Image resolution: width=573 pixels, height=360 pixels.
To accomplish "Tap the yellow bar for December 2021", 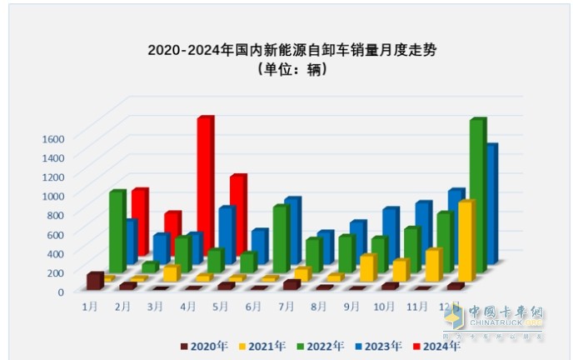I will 466,242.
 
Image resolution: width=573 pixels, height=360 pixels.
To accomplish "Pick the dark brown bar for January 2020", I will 94,281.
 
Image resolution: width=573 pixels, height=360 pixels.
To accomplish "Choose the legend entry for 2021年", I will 260,345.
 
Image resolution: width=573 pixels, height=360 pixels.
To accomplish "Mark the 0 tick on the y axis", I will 60,292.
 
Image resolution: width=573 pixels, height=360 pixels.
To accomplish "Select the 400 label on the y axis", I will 55,253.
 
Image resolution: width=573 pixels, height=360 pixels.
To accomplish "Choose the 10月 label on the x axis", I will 384,306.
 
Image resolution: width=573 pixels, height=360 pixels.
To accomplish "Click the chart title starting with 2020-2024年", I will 291,50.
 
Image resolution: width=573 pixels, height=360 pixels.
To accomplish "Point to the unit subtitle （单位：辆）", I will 291,70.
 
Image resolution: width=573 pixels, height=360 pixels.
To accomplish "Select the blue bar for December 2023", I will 491,204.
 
